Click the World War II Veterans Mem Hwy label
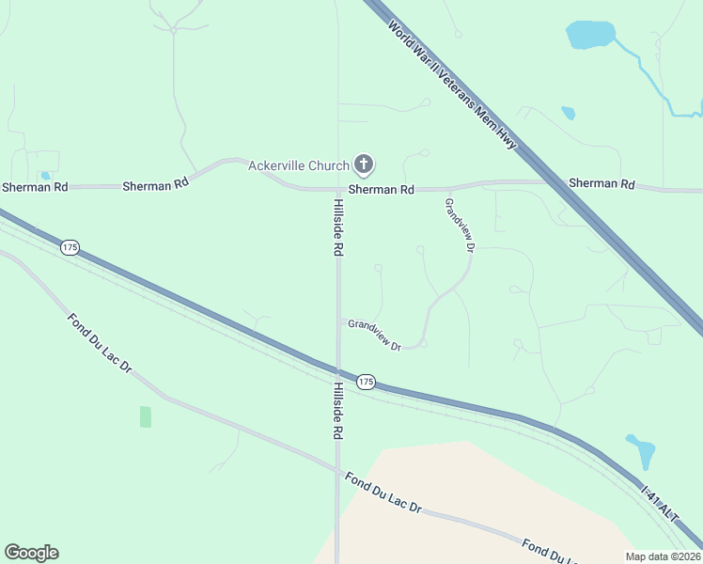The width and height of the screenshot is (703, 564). (x=454, y=84)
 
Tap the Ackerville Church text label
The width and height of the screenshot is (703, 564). (x=298, y=166)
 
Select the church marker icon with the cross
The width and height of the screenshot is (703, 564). (x=364, y=165)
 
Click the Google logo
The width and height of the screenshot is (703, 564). (x=31, y=553)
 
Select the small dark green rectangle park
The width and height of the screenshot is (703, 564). (x=146, y=416)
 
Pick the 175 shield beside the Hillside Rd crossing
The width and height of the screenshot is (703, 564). (x=367, y=382)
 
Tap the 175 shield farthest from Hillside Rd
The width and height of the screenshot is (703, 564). (x=70, y=247)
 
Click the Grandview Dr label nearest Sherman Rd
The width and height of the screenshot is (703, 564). (x=461, y=226)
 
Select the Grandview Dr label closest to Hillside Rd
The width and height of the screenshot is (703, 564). (x=374, y=335)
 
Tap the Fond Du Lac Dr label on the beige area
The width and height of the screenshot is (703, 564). (x=383, y=494)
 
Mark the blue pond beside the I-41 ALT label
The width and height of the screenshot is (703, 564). (x=641, y=451)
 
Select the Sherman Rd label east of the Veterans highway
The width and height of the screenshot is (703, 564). (x=601, y=184)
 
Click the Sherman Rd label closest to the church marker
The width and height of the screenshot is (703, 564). (x=381, y=190)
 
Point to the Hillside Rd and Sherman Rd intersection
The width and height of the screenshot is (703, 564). (x=338, y=189)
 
